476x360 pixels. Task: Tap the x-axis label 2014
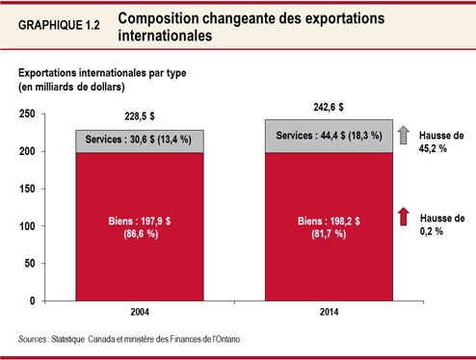331,313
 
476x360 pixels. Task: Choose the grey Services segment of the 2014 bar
331,136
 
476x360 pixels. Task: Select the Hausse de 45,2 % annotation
442,143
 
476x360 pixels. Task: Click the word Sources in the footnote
36,339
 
